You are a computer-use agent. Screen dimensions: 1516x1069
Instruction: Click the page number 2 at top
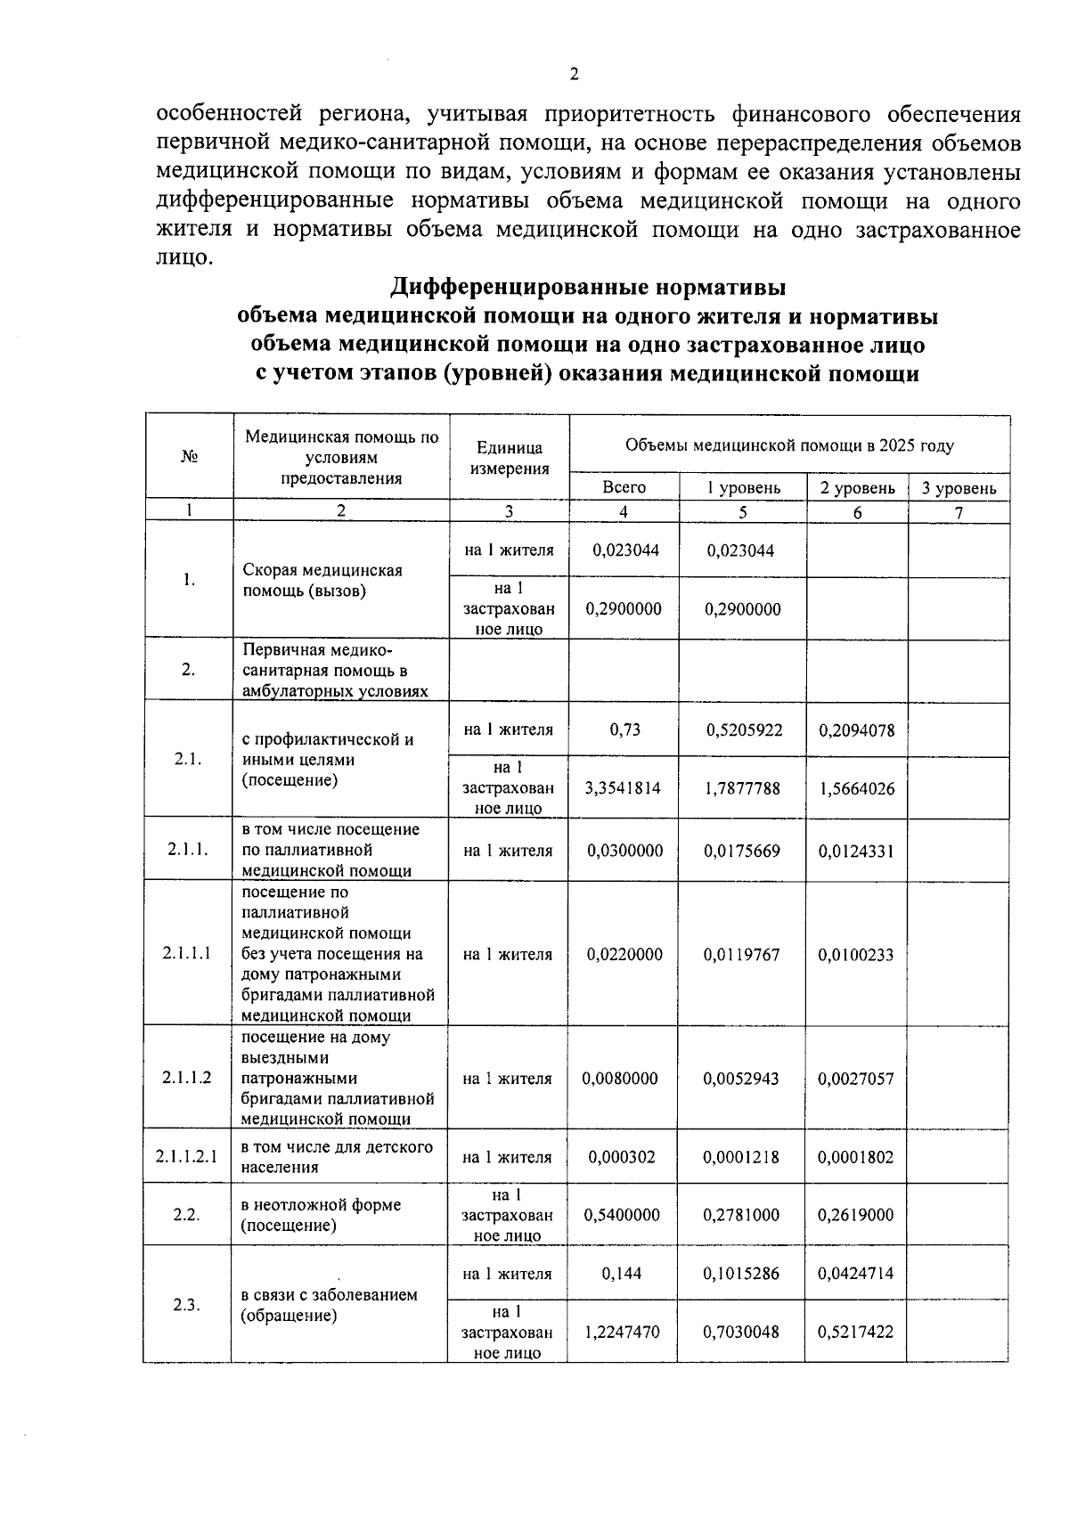coord(574,74)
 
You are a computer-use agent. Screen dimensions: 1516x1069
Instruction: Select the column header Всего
coord(624,487)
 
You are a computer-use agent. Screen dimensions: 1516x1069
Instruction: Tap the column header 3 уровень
coord(959,488)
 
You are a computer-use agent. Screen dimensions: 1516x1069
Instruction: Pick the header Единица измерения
coord(510,458)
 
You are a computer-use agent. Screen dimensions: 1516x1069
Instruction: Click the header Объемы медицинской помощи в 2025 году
coord(789,445)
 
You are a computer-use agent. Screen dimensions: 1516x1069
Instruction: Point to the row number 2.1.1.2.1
coord(186,1157)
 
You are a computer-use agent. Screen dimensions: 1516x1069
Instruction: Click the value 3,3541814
coord(623,788)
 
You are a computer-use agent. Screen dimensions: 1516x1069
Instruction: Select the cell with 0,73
coord(624,729)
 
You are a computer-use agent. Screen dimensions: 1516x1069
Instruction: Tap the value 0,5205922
coord(744,730)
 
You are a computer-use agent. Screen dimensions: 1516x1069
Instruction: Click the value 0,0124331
coord(855,851)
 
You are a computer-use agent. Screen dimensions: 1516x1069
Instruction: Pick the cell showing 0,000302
coord(622,1157)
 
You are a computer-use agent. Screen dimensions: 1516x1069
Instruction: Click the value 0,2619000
coord(855,1215)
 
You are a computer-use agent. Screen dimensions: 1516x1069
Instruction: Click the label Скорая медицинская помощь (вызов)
coord(322,580)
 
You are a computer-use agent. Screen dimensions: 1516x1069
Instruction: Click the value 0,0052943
coord(741,1079)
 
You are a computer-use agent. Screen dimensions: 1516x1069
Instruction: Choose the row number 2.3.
coord(186,1305)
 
